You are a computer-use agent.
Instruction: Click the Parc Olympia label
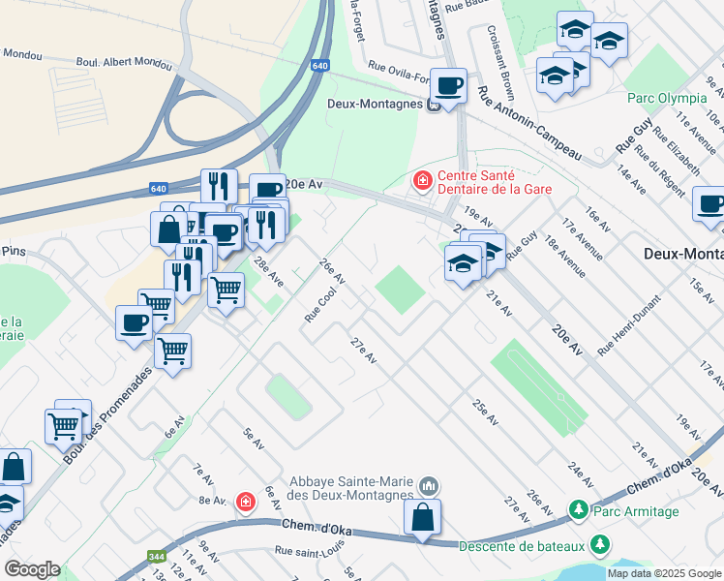coord(667,98)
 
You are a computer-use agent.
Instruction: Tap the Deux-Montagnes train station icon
coord(435,105)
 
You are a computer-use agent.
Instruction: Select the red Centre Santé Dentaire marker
coord(421,180)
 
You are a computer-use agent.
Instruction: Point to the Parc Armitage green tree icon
coord(578,509)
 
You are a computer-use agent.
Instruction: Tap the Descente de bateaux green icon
coord(601,544)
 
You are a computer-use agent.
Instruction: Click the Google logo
coord(32,569)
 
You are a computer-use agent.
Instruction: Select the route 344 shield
coord(154,557)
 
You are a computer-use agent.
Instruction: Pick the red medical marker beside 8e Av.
coord(246,501)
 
